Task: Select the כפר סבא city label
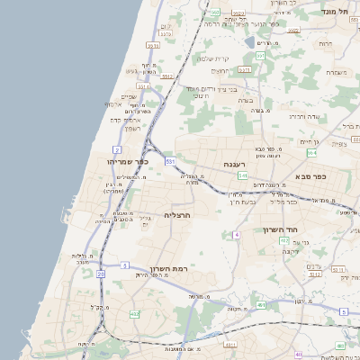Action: click(332, 177)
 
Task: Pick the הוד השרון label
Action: click(280, 229)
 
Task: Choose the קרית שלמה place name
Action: click(214, 59)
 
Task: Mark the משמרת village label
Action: click(337, 72)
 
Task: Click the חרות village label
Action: click(325, 43)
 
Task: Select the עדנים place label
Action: click(314, 265)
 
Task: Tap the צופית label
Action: click(339, 144)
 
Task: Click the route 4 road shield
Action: click(236, 234)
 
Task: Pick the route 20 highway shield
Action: click(101, 272)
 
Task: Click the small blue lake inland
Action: click(249, 41)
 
